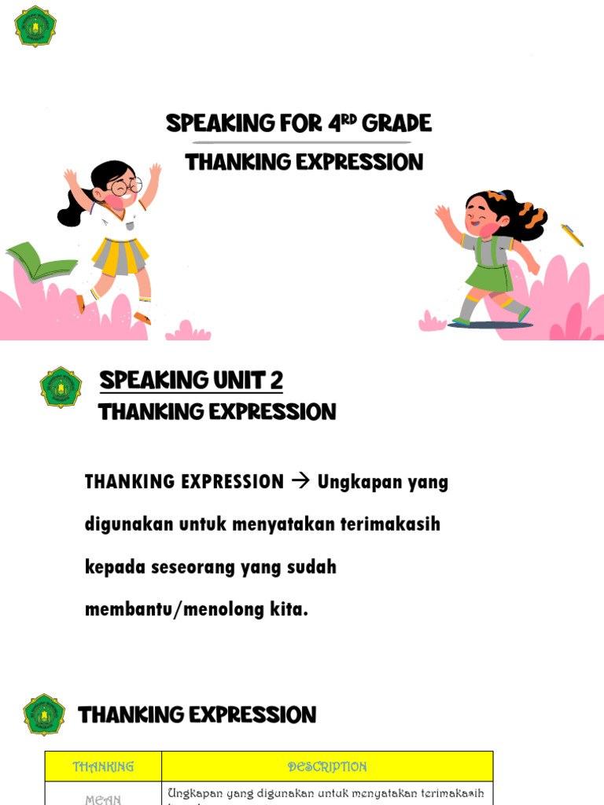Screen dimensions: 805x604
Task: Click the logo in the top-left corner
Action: coord(35,26)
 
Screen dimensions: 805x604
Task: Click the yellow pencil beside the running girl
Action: coord(572,235)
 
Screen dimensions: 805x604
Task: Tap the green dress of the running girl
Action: coord(488,272)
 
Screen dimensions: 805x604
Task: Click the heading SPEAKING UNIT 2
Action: coord(191,380)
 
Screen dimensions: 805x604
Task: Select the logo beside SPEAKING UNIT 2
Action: coord(61,387)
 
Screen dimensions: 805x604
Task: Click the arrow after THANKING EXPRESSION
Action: coord(300,481)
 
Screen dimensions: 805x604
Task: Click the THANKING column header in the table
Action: coord(103,766)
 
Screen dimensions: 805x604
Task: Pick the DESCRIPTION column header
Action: coord(327,766)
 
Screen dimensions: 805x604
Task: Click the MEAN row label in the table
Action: coord(103,799)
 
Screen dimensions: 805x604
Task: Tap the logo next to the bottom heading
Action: coord(44,715)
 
